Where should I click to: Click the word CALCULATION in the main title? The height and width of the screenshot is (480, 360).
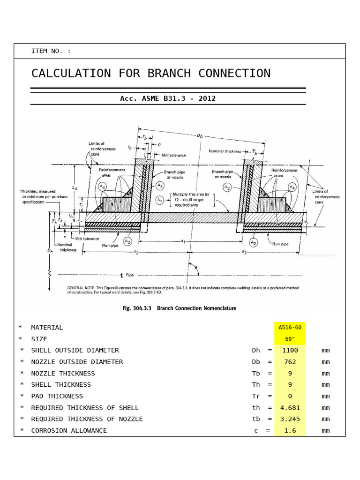pos(71,74)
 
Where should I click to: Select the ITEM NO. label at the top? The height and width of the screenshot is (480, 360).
pos(51,51)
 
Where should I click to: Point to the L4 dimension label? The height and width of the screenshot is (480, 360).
pos(75,187)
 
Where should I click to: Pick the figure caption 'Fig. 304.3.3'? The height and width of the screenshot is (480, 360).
pos(138,308)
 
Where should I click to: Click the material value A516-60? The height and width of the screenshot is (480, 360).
pos(290,328)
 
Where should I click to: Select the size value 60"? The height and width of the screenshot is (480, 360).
pos(290,339)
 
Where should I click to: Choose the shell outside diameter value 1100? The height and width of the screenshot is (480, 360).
pos(290,350)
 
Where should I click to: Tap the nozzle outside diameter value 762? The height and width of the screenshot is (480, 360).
pos(290,362)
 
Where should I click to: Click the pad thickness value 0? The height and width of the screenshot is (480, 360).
pos(290,396)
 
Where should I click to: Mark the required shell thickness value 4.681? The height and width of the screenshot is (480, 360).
pos(290,408)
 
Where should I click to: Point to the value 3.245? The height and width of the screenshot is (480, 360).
pos(290,419)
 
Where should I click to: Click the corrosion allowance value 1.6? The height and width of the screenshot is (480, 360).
pos(290,431)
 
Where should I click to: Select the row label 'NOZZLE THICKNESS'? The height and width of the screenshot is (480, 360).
pos(63,374)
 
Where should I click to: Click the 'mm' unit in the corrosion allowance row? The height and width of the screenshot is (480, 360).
pos(326,431)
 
